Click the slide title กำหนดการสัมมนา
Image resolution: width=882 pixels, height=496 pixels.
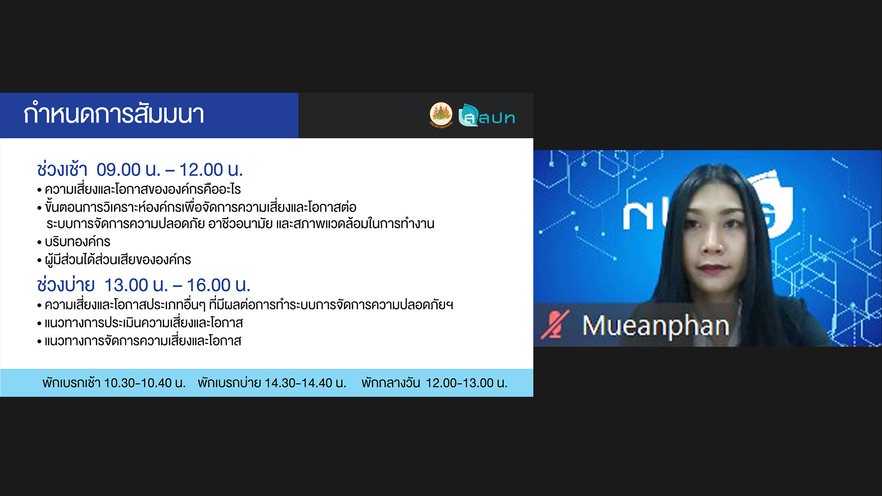(113, 114)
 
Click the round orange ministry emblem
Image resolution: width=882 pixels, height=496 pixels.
(441, 115)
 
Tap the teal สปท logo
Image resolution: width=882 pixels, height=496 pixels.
(487, 115)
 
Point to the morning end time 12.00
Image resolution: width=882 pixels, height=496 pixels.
(200, 170)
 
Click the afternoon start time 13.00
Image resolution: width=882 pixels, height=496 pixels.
(126, 285)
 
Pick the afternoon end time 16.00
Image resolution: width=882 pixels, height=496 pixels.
(209, 285)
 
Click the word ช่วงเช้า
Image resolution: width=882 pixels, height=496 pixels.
(62, 169)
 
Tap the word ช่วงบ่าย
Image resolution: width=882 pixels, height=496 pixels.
(66, 284)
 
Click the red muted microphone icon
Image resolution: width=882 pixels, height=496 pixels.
(555, 325)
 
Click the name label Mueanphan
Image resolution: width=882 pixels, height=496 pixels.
(656, 326)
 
